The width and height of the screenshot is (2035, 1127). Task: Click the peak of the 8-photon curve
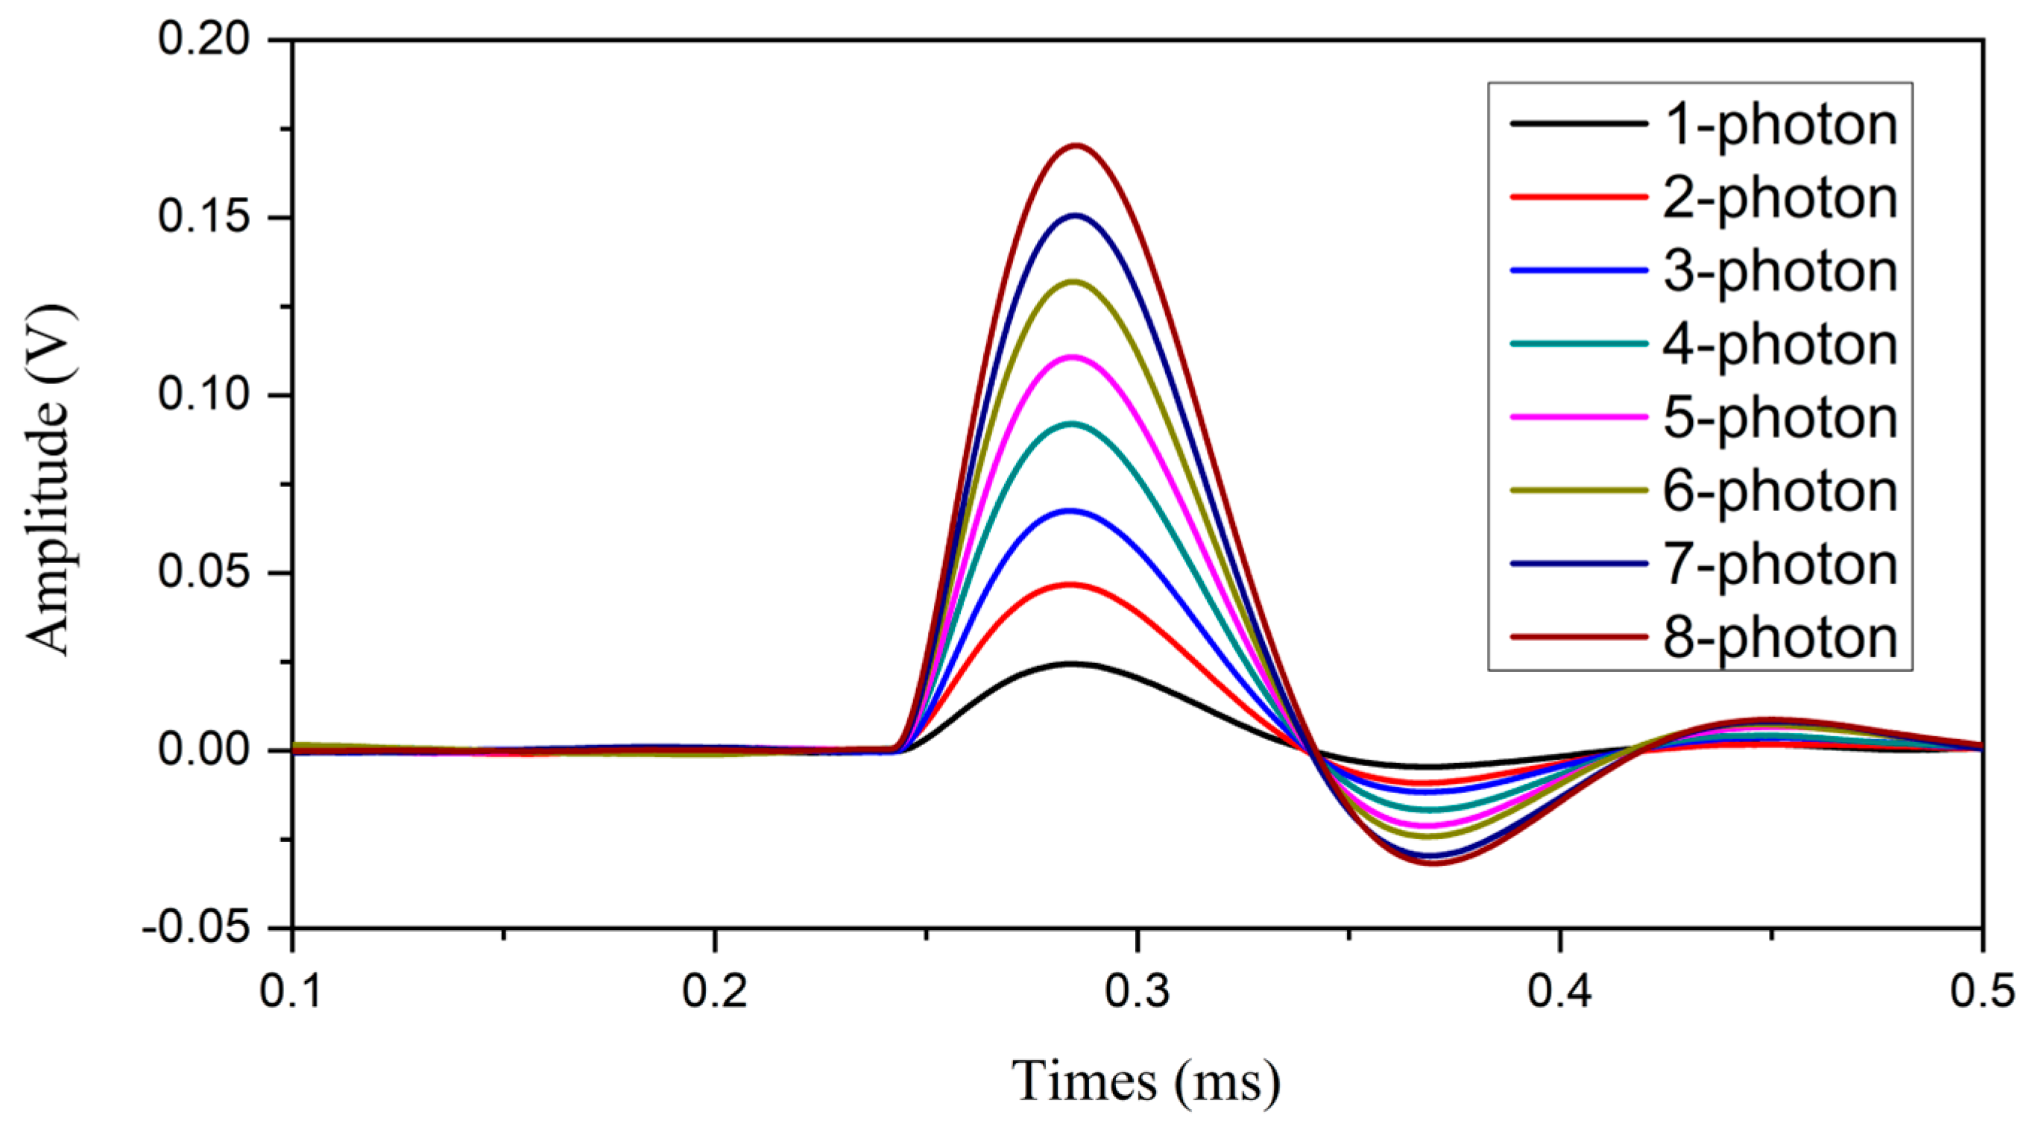(x=1075, y=146)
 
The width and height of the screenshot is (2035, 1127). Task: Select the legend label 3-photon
(x=1780, y=271)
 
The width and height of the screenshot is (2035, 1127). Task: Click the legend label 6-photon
(x=1780, y=491)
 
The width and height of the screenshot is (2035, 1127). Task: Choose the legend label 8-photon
(x=1780, y=637)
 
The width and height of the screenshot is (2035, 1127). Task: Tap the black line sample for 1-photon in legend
(x=1578, y=124)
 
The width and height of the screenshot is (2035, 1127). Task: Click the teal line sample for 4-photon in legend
(x=1578, y=344)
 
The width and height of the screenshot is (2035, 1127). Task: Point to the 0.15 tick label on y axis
(x=203, y=217)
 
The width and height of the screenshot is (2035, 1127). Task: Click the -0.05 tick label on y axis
(x=195, y=928)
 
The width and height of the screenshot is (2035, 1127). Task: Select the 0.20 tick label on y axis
(x=203, y=39)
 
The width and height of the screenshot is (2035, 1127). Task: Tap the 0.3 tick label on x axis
(x=1137, y=991)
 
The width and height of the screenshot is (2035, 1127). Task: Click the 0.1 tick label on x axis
(x=292, y=991)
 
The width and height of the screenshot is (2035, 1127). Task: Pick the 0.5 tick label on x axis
(x=1981, y=991)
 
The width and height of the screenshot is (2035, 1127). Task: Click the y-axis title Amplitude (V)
(x=49, y=482)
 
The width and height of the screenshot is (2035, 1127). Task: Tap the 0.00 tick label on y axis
(x=203, y=750)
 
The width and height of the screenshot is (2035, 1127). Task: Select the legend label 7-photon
(x=1780, y=565)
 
